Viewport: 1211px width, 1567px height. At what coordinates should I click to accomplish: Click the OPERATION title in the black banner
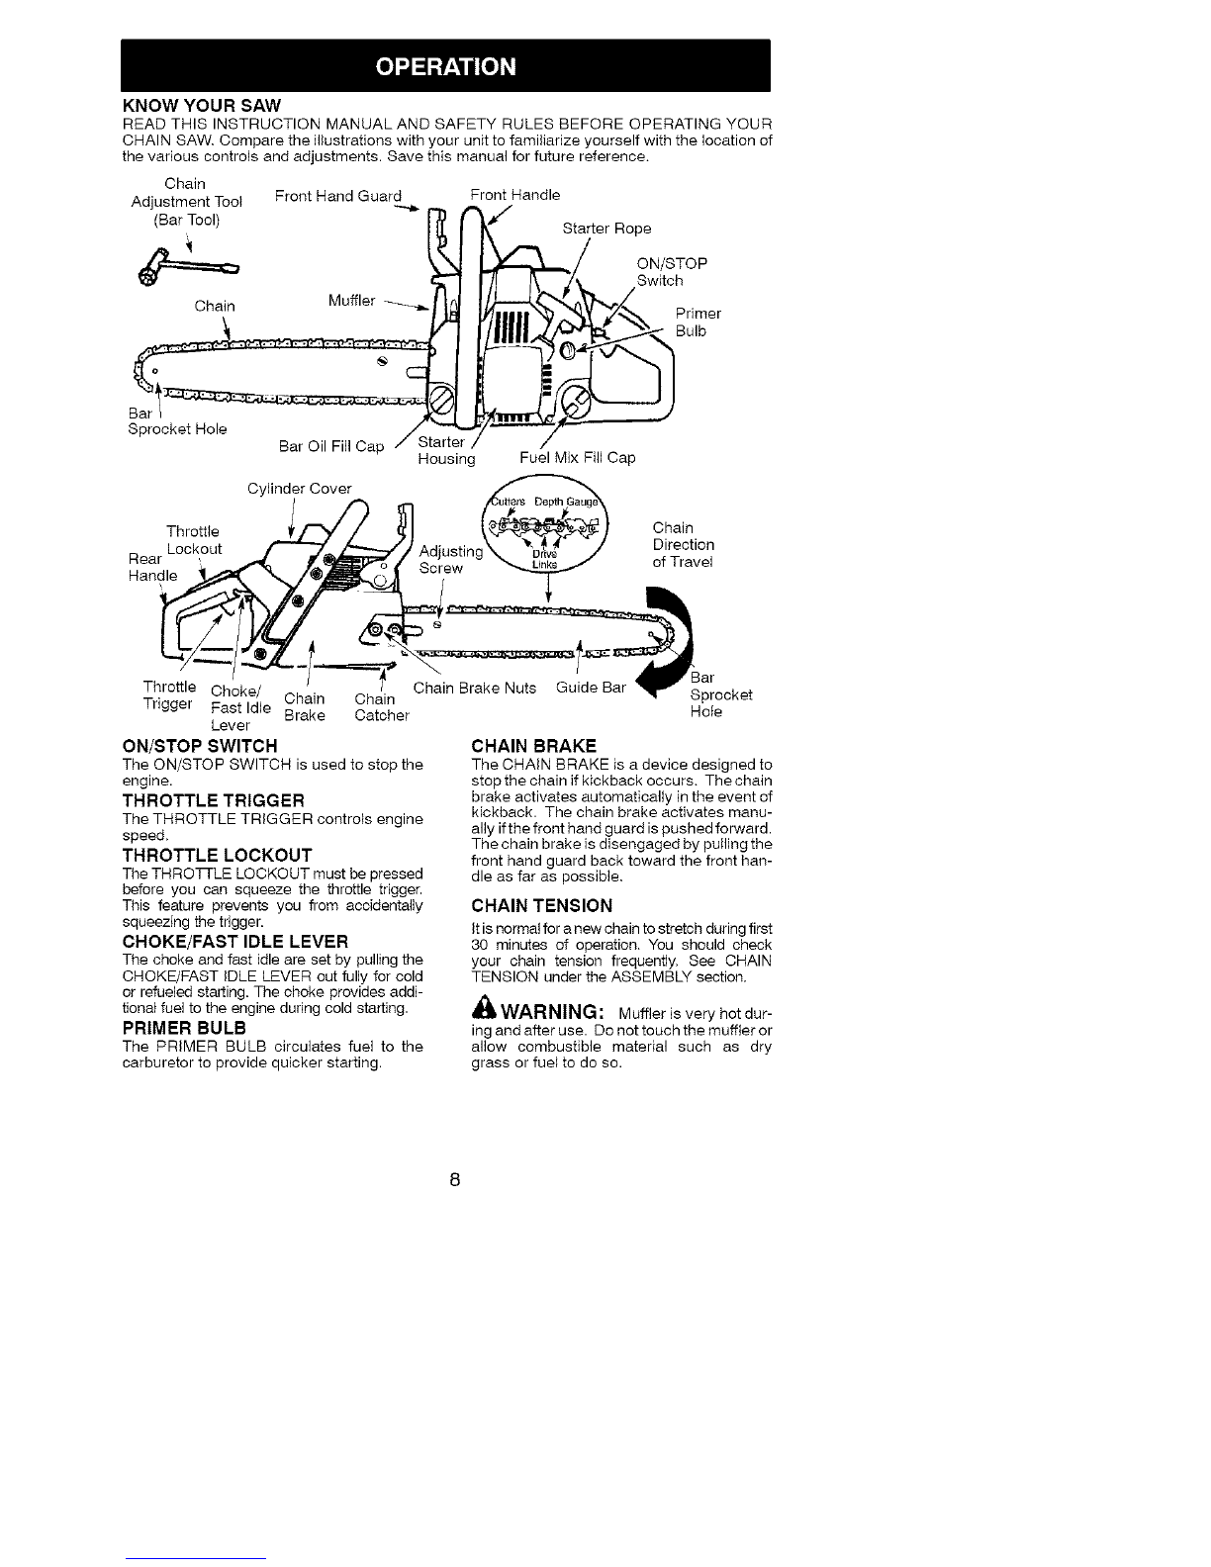(445, 66)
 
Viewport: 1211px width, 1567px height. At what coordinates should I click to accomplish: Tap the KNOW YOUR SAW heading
(202, 105)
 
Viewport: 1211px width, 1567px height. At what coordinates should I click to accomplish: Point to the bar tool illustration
(189, 273)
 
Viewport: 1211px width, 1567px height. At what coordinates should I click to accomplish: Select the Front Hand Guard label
(338, 196)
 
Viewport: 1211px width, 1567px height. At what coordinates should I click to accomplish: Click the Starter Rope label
(606, 229)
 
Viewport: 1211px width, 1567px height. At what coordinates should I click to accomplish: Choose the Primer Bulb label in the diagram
(698, 322)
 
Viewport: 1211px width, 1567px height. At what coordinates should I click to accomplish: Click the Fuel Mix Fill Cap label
(577, 458)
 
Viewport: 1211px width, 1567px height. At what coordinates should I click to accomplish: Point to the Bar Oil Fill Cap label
(330, 446)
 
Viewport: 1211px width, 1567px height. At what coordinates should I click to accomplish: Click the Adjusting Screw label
(451, 559)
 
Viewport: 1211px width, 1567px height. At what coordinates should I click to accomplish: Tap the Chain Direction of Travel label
(683, 545)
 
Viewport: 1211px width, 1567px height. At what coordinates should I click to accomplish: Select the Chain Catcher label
(381, 707)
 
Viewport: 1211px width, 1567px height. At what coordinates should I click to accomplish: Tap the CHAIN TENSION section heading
(542, 905)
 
